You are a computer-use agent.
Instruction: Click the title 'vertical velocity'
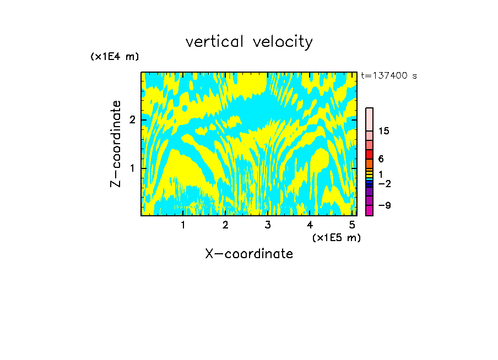tap(249, 42)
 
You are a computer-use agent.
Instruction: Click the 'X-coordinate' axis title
tap(249, 254)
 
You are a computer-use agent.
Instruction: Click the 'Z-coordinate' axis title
tap(116, 144)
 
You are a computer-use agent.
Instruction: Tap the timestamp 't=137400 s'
tap(388, 76)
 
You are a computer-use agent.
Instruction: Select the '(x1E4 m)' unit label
tap(115, 57)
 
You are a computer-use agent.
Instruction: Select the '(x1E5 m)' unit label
tap(336, 237)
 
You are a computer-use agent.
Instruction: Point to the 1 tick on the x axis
tap(183, 225)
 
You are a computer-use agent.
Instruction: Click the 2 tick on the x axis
tap(225, 225)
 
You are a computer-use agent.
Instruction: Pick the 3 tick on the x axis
tap(267, 225)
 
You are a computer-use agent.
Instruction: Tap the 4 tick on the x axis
tap(310, 225)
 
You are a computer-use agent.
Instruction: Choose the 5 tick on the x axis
tap(352, 225)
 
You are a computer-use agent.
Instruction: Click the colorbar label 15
tap(384, 131)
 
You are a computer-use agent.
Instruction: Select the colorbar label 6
tap(381, 159)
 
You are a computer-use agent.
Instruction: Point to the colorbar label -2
tap(384, 183)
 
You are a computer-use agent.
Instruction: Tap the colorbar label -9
tap(384, 205)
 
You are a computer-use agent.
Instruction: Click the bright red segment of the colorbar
tap(370, 154)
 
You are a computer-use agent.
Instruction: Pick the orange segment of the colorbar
tap(370, 163)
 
